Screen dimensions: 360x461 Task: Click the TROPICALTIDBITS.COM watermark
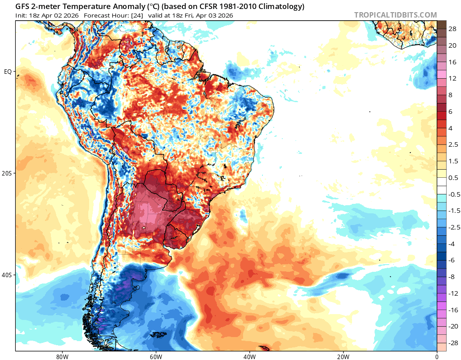(395, 15)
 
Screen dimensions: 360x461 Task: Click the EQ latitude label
(8, 72)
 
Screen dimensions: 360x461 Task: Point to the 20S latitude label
(7, 173)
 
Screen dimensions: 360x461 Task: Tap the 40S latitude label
(7, 275)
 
